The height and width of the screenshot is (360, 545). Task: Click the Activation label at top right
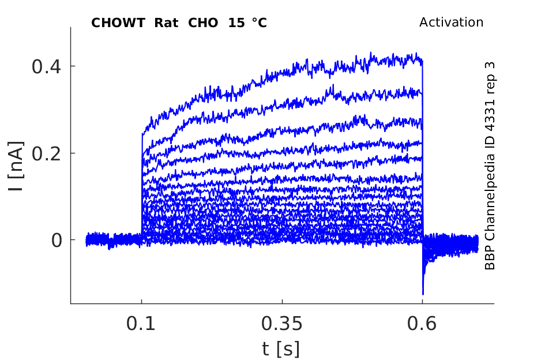(451, 22)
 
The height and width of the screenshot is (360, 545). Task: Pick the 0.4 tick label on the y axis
(47, 66)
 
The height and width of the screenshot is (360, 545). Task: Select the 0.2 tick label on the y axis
(47, 153)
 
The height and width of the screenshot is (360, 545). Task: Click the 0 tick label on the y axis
(57, 240)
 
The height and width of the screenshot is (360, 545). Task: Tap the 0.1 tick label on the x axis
(141, 324)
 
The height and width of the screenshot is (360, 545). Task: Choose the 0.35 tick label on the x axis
(281, 324)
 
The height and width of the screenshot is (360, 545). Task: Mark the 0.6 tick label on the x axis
(422, 324)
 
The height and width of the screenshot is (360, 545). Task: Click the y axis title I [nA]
(18, 167)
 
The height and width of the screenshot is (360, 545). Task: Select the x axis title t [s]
(281, 348)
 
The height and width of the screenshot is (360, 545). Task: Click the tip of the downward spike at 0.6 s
(423, 294)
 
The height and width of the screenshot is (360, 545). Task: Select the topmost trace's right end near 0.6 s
(422, 59)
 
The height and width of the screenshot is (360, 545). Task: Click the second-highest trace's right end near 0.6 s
(422, 92)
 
